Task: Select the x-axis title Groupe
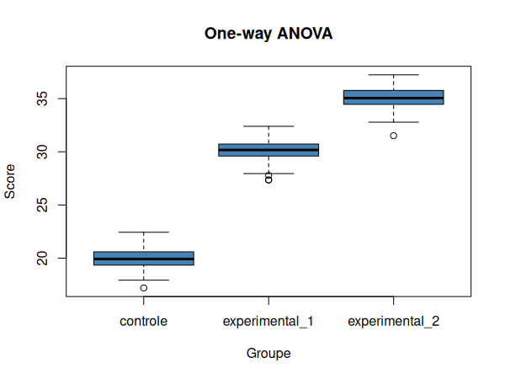point(268,354)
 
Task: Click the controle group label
point(144,321)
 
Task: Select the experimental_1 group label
point(268,321)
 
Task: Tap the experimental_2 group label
point(393,321)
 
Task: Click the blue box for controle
point(144,259)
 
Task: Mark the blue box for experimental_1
point(268,150)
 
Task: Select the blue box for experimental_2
point(393,97)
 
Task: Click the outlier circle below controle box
point(144,288)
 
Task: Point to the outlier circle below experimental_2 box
point(393,136)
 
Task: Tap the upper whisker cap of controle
point(144,232)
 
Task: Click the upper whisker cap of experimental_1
point(268,126)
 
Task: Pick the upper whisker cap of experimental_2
point(393,75)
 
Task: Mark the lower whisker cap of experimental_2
point(393,122)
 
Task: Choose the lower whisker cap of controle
point(144,280)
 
